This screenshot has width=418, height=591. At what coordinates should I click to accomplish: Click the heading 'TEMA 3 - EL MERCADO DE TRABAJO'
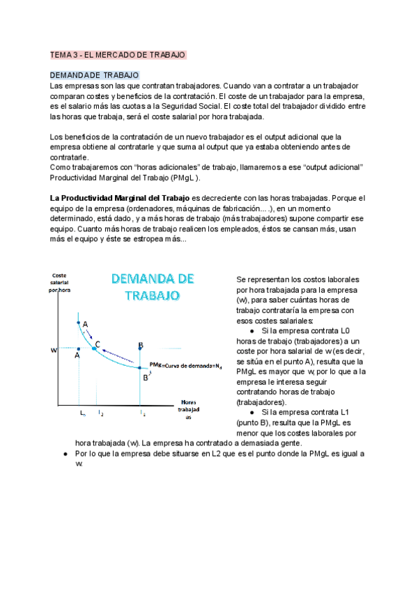tap(118, 54)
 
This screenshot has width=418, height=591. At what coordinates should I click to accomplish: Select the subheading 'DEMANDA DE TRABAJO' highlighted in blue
tap(95, 75)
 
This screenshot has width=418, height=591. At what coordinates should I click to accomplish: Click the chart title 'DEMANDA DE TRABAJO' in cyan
tap(153, 286)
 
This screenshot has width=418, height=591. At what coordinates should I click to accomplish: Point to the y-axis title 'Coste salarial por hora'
tap(59, 283)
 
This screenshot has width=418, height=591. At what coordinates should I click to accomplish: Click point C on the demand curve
tap(94, 347)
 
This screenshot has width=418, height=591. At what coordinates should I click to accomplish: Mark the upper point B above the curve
tap(141, 345)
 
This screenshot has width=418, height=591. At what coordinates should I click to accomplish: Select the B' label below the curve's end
tap(146, 377)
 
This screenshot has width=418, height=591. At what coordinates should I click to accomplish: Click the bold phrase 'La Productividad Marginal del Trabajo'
tap(120, 198)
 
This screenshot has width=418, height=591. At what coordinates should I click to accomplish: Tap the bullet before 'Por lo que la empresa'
tap(65, 454)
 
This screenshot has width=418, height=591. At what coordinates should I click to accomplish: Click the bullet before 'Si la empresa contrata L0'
tap(251, 331)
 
